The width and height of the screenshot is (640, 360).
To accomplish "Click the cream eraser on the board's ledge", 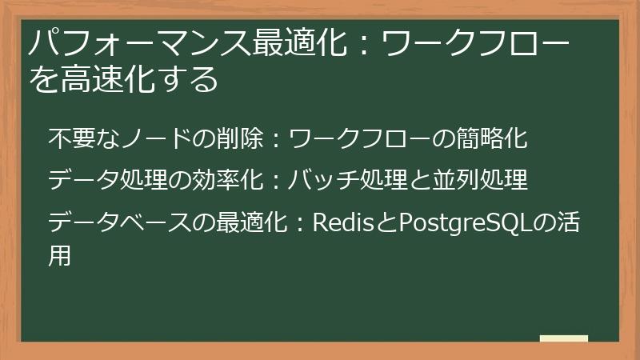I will click(x=564, y=338).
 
